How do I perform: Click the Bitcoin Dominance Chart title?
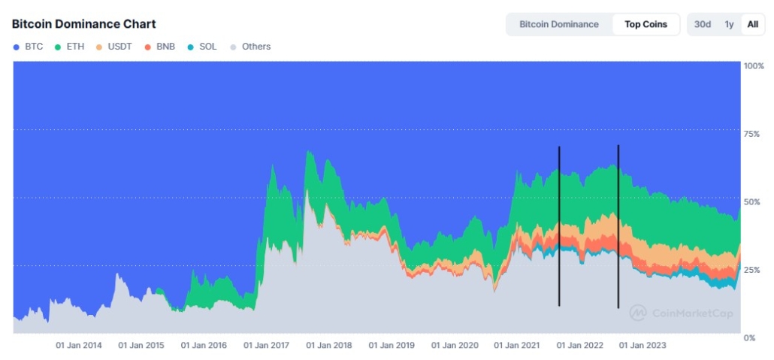tap(83, 24)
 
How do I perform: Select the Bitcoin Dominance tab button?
tap(559, 24)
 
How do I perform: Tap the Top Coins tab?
tap(646, 24)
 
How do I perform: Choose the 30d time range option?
tap(703, 24)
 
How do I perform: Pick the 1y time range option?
tap(729, 24)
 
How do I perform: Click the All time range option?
tap(752, 24)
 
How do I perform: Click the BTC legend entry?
tap(29, 47)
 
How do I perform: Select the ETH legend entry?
tap(69, 47)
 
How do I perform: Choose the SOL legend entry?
tap(202, 47)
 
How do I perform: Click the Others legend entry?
tap(250, 47)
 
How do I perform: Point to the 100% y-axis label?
tap(753, 66)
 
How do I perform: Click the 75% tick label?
tap(751, 135)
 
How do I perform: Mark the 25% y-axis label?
tap(751, 270)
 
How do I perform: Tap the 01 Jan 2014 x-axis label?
tap(79, 346)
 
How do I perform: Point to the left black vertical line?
tap(559, 225)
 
